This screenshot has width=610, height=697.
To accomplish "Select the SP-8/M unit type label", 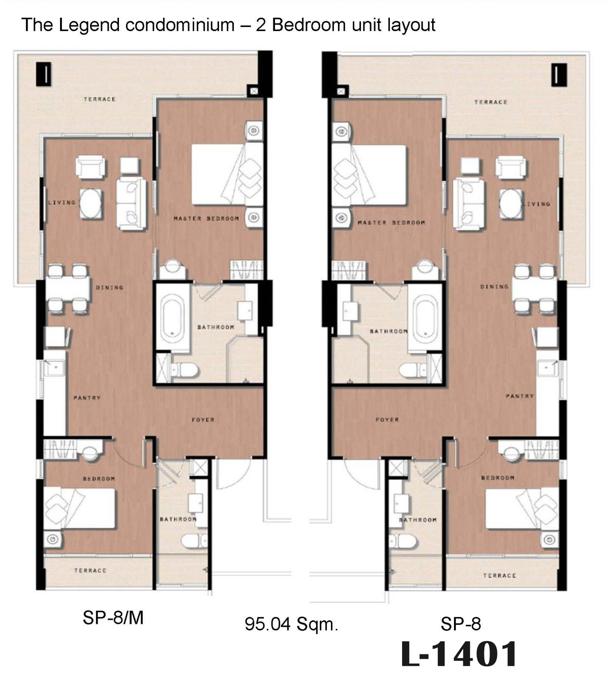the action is tap(113, 618).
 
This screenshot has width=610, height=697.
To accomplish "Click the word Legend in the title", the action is tap(89, 25).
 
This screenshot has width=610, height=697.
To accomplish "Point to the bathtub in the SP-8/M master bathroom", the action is tap(172, 318).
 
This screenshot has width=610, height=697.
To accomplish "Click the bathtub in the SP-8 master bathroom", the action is tap(425, 318).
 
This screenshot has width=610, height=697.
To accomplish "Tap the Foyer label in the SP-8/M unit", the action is tap(203, 420).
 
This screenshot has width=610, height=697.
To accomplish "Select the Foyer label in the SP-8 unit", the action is tap(387, 420).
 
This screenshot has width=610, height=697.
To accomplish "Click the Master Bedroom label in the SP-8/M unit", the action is tap(206, 219).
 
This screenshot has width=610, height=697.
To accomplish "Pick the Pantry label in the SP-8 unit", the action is tap(520, 396).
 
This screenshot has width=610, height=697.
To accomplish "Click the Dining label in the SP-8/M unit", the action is tap(109, 288).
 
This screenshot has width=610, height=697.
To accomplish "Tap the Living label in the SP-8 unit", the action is tap(536, 204).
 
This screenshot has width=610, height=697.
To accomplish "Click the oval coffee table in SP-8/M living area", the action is tap(90, 204).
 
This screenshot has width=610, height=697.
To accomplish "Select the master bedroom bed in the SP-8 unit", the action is tap(369, 175).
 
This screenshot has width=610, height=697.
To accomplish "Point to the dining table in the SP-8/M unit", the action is tap(68, 289).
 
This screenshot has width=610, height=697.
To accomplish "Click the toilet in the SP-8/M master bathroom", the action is tap(184, 370).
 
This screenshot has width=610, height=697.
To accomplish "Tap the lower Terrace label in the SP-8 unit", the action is tap(500, 575).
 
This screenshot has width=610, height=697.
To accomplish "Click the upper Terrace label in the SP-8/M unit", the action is tap(100, 99).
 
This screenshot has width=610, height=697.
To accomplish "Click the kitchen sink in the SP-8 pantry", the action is tap(547, 368).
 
